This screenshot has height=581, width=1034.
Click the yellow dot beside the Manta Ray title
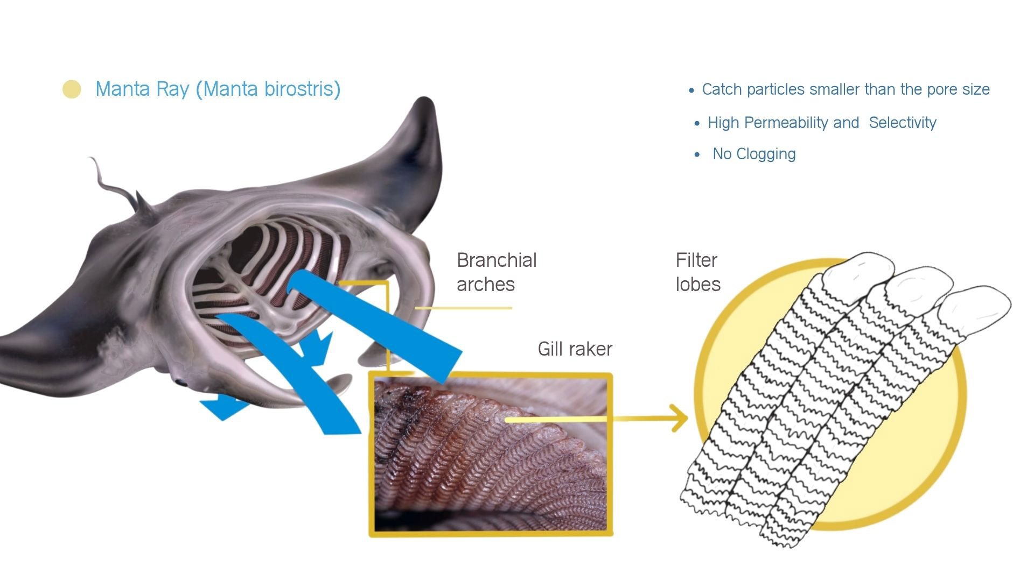[72, 89]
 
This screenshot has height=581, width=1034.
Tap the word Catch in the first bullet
[722, 89]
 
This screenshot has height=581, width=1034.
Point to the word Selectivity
[903, 123]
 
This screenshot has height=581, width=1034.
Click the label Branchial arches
[496, 272]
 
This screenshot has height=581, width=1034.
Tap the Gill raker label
[575, 349]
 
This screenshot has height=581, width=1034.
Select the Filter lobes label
[697, 272]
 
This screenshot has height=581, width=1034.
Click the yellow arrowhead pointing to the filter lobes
[680, 417]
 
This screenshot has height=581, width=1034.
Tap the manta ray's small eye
[181, 382]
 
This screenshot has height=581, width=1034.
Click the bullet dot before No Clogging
[698, 154]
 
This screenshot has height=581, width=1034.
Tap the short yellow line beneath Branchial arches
[463, 308]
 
